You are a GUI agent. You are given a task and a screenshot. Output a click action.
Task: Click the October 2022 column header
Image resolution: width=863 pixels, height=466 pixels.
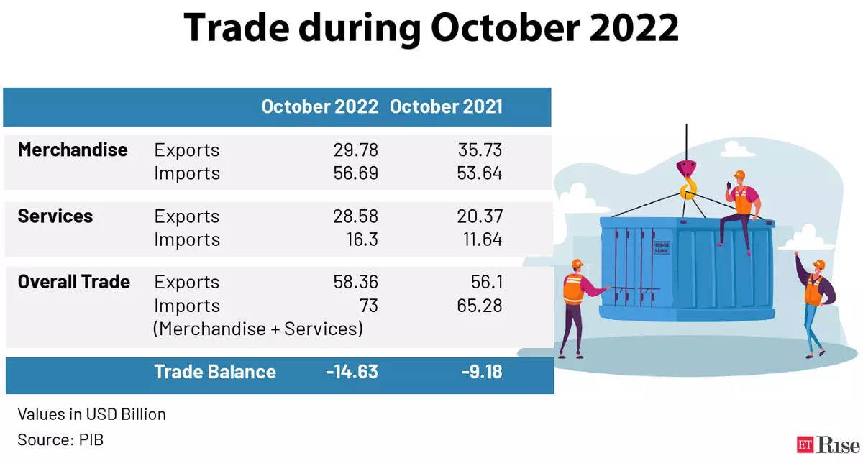click(x=319, y=107)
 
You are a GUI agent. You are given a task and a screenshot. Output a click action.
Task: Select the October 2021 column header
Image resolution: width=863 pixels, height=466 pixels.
click(x=446, y=107)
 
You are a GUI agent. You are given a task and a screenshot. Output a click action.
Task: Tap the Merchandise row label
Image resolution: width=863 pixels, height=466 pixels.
click(x=73, y=150)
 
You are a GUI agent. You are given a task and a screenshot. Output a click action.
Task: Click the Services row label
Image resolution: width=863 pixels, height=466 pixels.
click(x=55, y=216)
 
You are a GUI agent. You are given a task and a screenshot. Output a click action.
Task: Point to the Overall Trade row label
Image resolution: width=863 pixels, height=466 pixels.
click(x=74, y=282)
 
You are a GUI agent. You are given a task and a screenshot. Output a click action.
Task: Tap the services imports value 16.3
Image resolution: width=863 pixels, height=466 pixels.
click(x=361, y=239)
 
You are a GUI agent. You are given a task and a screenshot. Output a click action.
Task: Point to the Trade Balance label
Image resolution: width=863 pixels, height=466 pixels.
click(x=215, y=372)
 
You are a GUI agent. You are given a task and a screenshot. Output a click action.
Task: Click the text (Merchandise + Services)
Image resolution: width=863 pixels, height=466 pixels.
click(x=257, y=329)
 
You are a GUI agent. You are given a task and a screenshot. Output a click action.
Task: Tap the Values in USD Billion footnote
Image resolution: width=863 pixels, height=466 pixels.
click(x=92, y=414)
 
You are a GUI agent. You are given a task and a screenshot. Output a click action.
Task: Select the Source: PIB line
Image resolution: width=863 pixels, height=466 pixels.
click(x=60, y=439)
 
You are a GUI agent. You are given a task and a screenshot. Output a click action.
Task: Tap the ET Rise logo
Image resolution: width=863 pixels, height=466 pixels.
click(x=828, y=445)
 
